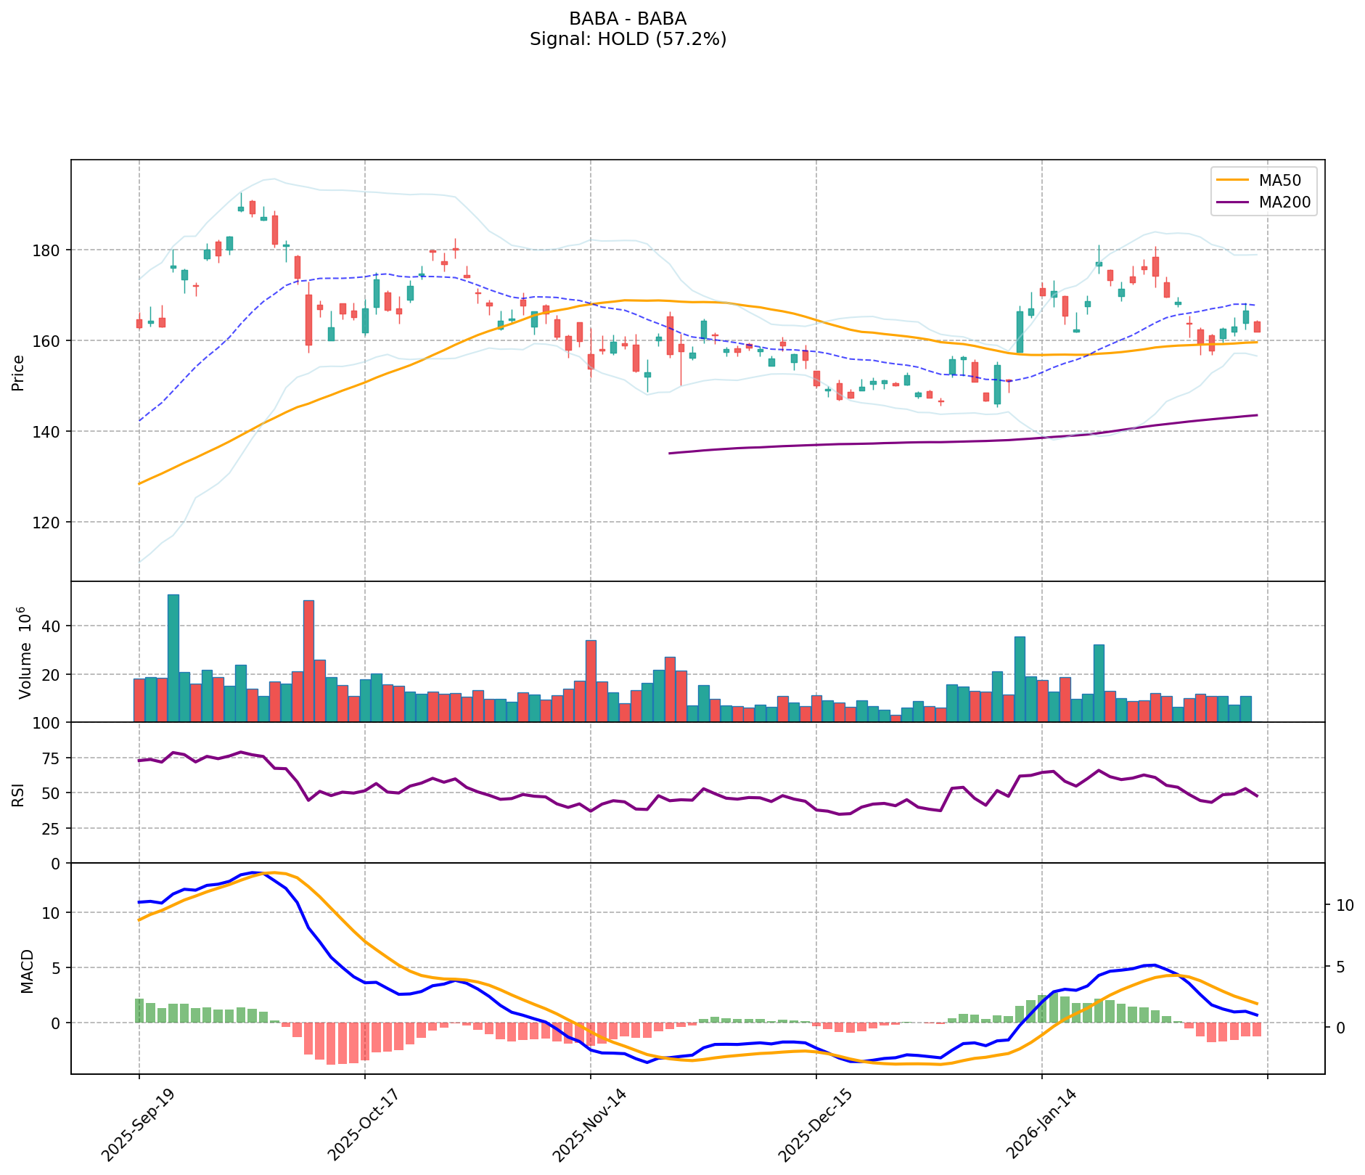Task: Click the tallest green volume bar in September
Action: pos(173,658)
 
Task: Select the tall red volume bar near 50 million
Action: pos(308,660)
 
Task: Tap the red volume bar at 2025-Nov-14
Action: pos(591,681)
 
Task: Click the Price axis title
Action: pos(19,373)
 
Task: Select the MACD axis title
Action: pos(27,971)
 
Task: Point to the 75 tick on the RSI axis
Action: pos(52,758)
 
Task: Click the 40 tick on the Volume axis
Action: pos(52,626)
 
